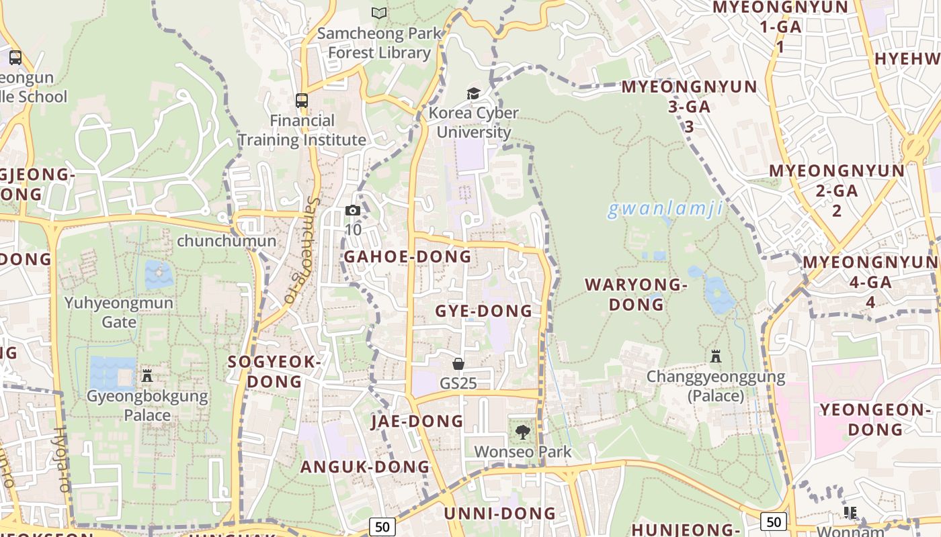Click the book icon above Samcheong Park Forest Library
[x=379, y=13]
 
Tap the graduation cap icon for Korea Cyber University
[x=474, y=93]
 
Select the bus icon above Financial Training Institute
[x=302, y=101]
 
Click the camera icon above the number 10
[x=353, y=210]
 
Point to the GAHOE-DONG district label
[x=407, y=256]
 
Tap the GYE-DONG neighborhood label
[x=483, y=311]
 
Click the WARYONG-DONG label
[x=636, y=294]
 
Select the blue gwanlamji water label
[x=665, y=209]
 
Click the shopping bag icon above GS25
[x=458, y=364]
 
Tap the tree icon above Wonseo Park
[x=522, y=432]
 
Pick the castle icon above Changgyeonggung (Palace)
[x=716, y=356]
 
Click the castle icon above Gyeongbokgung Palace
[x=147, y=376]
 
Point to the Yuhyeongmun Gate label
[x=119, y=312]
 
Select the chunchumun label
[x=227, y=241]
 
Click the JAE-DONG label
[x=417, y=421]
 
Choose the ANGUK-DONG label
[x=364, y=467]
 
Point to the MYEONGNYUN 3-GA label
[x=689, y=106]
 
